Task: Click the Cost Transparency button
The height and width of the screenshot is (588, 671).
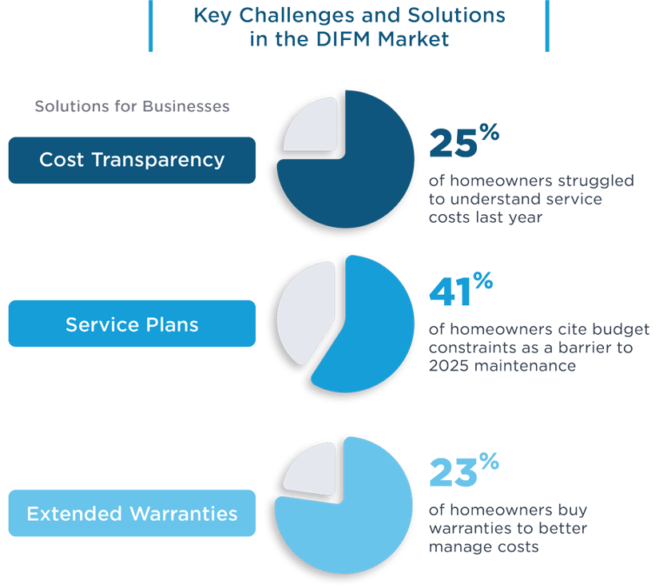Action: pyautogui.click(x=132, y=160)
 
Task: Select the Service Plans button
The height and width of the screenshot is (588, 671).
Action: pyautogui.click(x=132, y=324)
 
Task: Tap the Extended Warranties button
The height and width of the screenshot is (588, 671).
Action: pyautogui.click(x=132, y=513)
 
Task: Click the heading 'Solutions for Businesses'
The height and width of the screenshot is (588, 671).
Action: pyautogui.click(x=132, y=106)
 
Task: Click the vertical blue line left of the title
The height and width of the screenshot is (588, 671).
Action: pyautogui.click(x=150, y=26)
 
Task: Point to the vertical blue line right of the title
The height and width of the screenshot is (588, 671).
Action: pyautogui.click(x=547, y=26)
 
